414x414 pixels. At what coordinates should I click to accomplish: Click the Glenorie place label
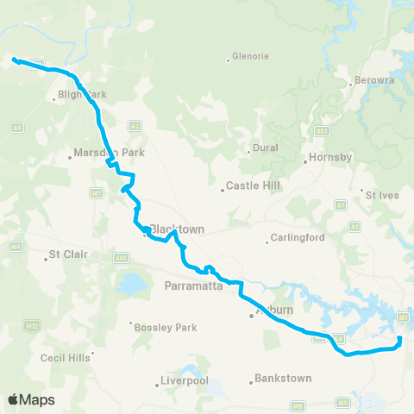point(251,58)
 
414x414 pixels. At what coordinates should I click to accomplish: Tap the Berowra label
point(374,82)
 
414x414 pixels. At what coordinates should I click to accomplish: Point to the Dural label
point(266,147)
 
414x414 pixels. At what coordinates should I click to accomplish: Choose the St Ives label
point(384,195)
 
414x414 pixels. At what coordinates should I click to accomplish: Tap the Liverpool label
point(186,380)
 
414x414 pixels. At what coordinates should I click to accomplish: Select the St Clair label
point(67,254)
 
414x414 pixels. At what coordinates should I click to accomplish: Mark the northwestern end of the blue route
point(15,59)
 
